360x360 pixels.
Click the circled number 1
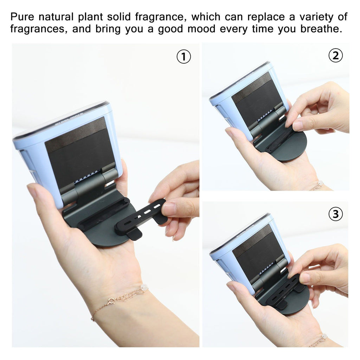[184, 57]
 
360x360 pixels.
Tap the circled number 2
[335, 56]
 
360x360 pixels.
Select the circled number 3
[335, 214]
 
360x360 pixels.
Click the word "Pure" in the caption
[22, 17]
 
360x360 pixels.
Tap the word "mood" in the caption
[201, 29]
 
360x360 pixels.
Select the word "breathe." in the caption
[321, 29]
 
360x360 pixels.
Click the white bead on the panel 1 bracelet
[144, 287]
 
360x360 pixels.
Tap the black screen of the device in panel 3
[258, 249]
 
